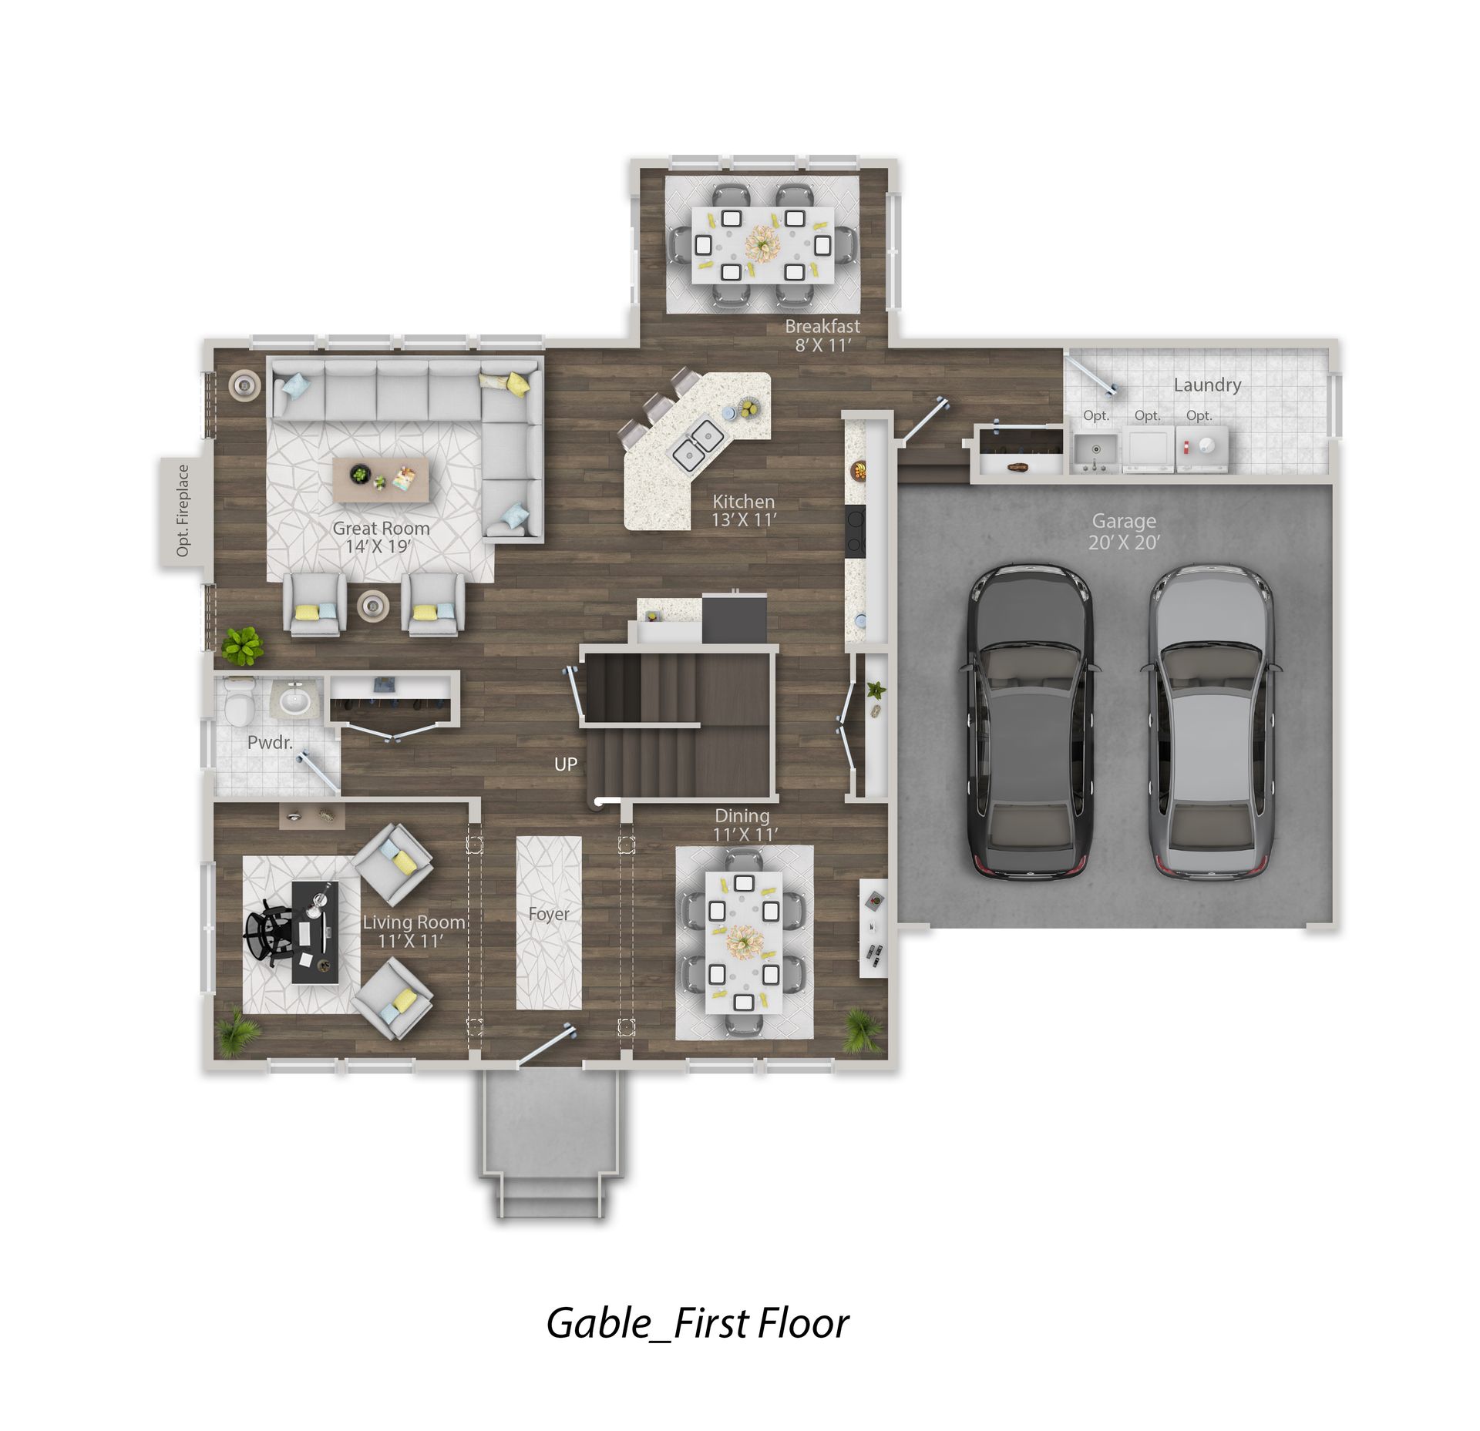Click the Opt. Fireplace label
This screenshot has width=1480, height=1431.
[x=183, y=510]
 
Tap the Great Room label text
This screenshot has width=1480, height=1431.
[x=381, y=529]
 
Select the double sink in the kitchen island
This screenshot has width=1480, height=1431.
[x=698, y=445]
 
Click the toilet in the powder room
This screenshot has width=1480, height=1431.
[x=239, y=701]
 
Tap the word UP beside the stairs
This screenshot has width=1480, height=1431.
[x=566, y=764]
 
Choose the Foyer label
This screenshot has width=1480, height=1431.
[x=549, y=914]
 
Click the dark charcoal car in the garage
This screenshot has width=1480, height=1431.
[x=1029, y=722]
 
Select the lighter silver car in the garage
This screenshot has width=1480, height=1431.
[x=1211, y=722]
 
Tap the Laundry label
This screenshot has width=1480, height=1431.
[x=1207, y=385]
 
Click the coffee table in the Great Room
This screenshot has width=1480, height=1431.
[x=381, y=480]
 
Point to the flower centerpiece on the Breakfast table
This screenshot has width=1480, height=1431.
[x=762, y=243]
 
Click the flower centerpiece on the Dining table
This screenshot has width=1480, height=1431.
[x=744, y=942]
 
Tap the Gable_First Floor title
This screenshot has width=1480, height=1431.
[x=698, y=1323]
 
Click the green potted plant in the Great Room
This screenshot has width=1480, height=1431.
[x=243, y=646]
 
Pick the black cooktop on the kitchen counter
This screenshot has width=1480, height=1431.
[x=855, y=530]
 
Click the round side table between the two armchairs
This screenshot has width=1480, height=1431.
[x=373, y=606]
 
